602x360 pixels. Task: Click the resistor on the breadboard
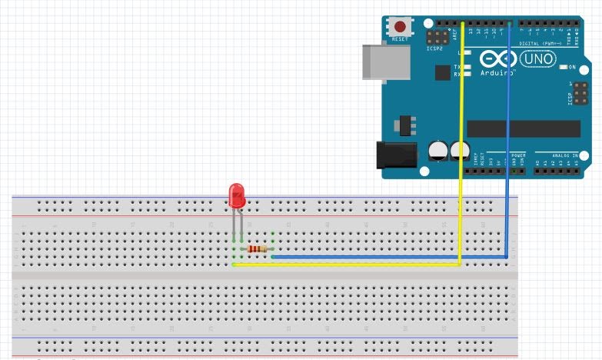point(257,249)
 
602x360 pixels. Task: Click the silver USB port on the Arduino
point(382,62)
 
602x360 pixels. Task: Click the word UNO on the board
point(537,58)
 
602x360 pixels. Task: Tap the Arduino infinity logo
point(497,58)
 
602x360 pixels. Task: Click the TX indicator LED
point(467,67)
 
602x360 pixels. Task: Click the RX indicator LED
point(467,75)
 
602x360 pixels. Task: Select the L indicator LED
point(467,52)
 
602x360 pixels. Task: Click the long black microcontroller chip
point(524,128)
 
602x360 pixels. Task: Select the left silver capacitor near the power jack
point(439,149)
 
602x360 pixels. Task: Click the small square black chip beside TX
point(441,72)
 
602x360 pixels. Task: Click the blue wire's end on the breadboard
point(273,257)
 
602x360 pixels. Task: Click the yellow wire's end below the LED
point(234,265)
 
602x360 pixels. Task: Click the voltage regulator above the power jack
point(401,124)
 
